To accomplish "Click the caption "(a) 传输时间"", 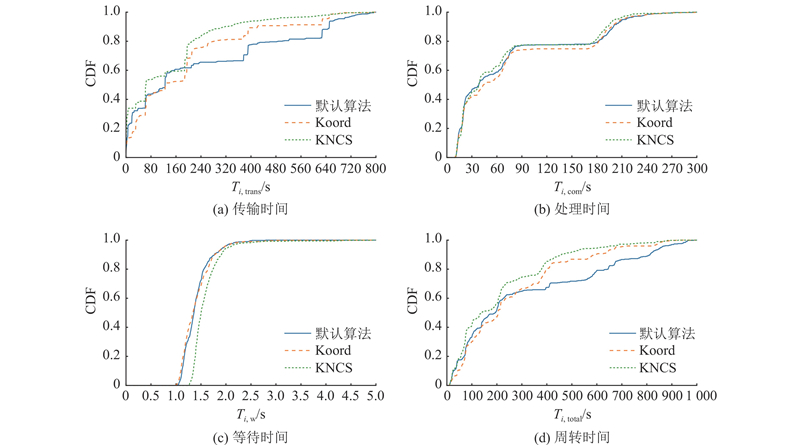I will pyautogui.click(x=250, y=209).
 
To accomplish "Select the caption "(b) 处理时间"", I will pyautogui.click(x=571, y=209).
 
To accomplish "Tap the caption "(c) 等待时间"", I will pyautogui.click(x=250, y=437).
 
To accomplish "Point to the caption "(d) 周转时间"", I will pyautogui.click(x=571, y=437).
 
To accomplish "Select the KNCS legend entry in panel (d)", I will pyautogui.click(x=655, y=368).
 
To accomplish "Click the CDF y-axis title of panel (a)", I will pyautogui.click(x=88, y=84).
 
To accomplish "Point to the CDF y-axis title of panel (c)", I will pyautogui.click(x=88, y=311).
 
